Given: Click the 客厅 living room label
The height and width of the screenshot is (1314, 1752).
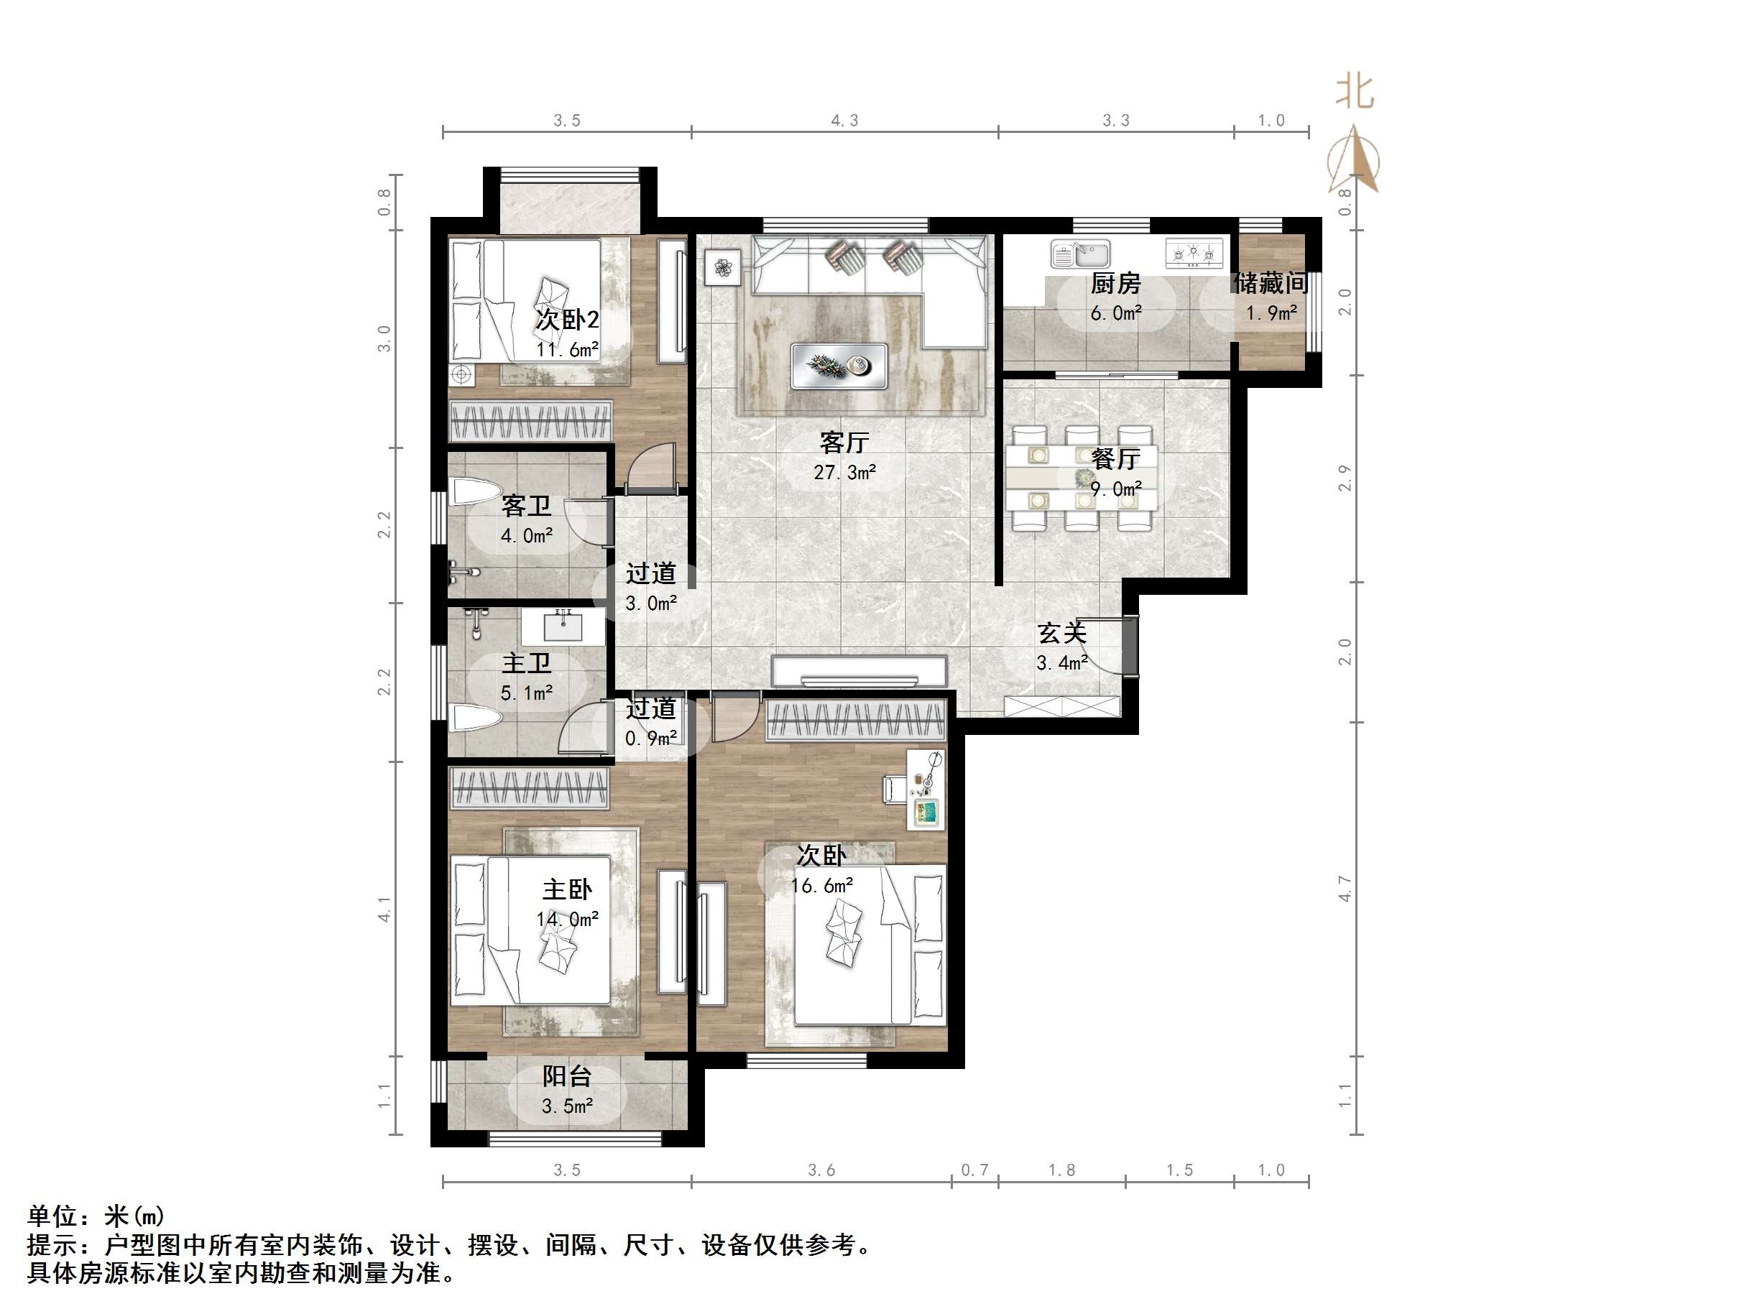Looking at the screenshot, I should point(844,441).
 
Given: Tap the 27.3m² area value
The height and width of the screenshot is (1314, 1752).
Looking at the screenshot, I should point(844,473).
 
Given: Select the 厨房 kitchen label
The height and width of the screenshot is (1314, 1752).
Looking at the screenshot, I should point(1115,283).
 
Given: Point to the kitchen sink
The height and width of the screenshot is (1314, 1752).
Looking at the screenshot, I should point(1080,254).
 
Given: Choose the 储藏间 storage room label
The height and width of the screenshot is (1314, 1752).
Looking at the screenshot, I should point(1270,283).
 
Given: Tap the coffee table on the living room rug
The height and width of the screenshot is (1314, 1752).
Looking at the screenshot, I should point(839,366).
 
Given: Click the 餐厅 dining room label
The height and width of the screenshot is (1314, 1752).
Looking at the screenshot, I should point(1115,458).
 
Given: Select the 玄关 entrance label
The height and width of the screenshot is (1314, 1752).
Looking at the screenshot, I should point(1061,633).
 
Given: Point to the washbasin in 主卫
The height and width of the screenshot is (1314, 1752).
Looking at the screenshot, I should point(563,625).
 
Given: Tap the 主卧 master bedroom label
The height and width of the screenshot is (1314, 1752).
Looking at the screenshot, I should point(566,889).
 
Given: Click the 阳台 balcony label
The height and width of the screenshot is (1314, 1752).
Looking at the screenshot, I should point(566,1075).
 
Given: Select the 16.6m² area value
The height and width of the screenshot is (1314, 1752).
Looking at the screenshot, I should point(822,886).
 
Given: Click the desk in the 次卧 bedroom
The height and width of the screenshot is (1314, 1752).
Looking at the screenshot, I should point(925,789).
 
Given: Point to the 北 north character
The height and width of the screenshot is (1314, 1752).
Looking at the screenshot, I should point(1355,92).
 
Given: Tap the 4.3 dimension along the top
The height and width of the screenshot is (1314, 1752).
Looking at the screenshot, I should point(844,121).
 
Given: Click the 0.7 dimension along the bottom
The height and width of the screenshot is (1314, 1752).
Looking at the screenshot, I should point(974,1170).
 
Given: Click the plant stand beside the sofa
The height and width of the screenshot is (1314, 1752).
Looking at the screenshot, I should point(722,268).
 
